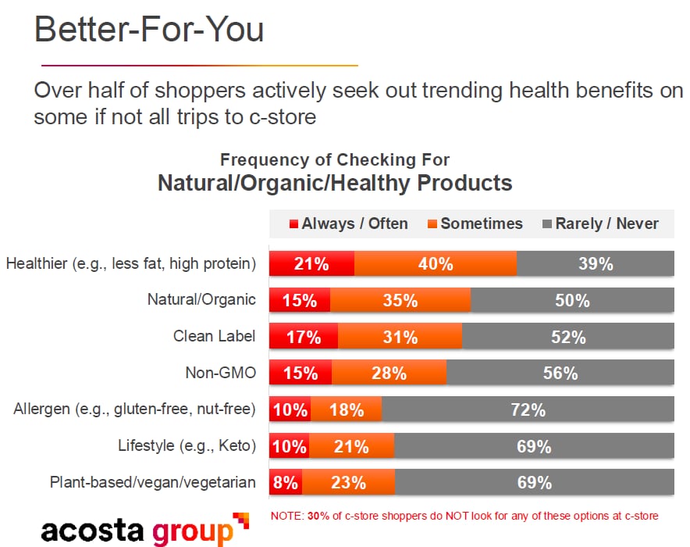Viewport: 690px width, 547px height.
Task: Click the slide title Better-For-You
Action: pyautogui.click(x=149, y=29)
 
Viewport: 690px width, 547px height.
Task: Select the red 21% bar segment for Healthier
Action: pyautogui.click(x=311, y=264)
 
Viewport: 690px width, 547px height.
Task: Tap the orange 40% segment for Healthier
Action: pyautogui.click(x=435, y=264)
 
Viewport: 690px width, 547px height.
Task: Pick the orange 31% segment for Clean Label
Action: pyautogui.click(x=400, y=337)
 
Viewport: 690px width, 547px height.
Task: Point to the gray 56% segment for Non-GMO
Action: pyautogui.click(x=560, y=374)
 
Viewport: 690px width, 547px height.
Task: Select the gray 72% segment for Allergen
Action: pyautogui.click(x=528, y=409)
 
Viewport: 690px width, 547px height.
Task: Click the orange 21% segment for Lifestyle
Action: pyautogui.click(x=351, y=446)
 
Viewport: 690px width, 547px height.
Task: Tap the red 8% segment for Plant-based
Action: pyautogui.click(x=286, y=482)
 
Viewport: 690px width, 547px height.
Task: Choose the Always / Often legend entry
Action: pyautogui.click(x=348, y=223)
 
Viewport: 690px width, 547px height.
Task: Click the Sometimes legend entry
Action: pyautogui.click(x=475, y=223)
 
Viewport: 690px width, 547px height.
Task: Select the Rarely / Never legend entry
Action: pyautogui.click(x=600, y=223)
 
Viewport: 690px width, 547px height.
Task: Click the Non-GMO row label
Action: pyautogui.click(x=220, y=373)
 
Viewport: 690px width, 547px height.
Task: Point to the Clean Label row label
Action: pyautogui.click(x=214, y=336)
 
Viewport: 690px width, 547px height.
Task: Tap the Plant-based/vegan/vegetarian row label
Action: pyautogui.click(x=152, y=482)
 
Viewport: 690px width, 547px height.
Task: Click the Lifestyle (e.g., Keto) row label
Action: pyautogui.click(x=187, y=446)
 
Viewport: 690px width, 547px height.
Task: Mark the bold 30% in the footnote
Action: pyautogui.click(x=315, y=516)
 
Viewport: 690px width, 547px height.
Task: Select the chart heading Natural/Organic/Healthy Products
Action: pyautogui.click(x=335, y=183)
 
